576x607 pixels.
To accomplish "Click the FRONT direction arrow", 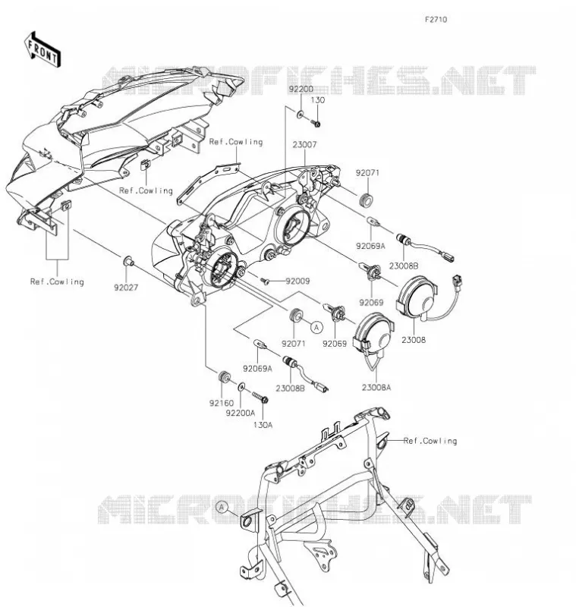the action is [x=42, y=50].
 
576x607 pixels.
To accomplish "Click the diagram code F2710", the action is [x=436, y=20].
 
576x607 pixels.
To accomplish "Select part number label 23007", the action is [x=304, y=145].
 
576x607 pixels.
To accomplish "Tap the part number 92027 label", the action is [x=126, y=288].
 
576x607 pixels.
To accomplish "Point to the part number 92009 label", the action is [x=297, y=281].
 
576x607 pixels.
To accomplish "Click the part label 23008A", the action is [x=376, y=387].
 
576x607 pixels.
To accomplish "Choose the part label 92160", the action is [x=222, y=403].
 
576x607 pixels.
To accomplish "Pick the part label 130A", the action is [x=263, y=425].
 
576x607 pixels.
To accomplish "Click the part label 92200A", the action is [x=241, y=414].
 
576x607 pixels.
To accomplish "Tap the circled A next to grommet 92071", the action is [x=316, y=328].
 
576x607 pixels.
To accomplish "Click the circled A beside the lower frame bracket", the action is [x=222, y=507].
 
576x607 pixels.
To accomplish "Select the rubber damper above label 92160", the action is [x=223, y=376].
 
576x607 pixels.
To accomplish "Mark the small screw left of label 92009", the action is [x=265, y=281].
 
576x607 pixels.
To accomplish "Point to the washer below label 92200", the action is [x=300, y=115].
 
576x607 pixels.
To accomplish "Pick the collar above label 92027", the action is [x=128, y=261].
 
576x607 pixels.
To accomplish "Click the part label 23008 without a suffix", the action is [x=413, y=340].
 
